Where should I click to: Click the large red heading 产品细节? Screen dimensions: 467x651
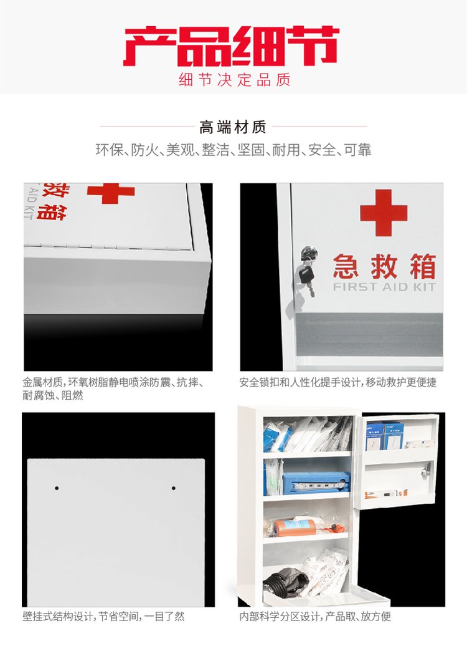click(x=231, y=46)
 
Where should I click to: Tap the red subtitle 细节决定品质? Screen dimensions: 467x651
click(x=235, y=80)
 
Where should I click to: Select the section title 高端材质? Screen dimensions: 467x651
click(x=233, y=127)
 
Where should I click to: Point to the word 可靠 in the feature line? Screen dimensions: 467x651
click(x=357, y=150)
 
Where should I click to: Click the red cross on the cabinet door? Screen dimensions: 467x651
click(x=384, y=213)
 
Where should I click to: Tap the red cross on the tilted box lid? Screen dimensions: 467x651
click(x=111, y=193)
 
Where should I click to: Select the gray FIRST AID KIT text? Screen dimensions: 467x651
click(x=384, y=287)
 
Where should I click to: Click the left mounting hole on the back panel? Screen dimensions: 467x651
click(x=57, y=488)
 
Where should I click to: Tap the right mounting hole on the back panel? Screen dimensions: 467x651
click(x=173, y=488)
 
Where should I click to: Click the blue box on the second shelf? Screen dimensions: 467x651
click(x=316, y=483)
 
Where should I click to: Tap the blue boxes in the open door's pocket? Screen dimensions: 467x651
click(x=384, y=436)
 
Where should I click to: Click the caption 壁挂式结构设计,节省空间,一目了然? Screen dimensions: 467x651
click(x=104, y=616)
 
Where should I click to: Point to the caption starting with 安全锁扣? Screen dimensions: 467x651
click(x=337, y=382)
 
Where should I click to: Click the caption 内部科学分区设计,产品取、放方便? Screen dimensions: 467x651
click(x=315, y=616)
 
